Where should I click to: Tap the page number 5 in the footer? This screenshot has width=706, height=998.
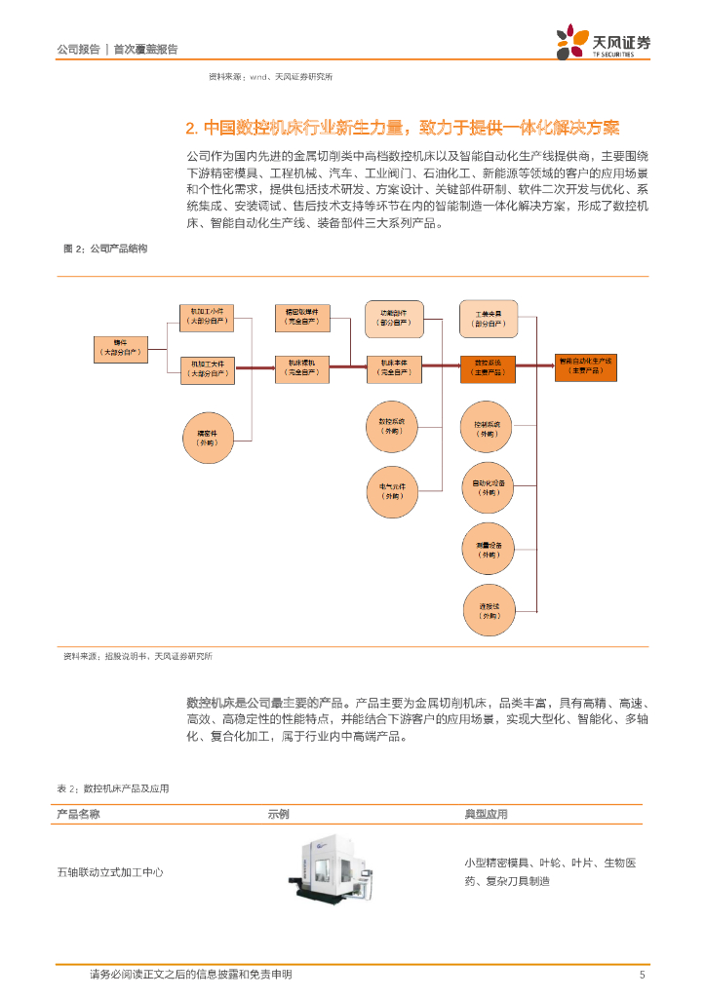(x=642, y=976)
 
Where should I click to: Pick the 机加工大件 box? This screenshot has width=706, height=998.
(x=208, y=367)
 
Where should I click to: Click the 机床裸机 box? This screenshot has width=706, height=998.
(x=302, y=367)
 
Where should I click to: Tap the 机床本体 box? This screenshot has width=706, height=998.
(x=393, y=367)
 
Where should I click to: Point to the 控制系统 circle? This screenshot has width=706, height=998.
(x=488, y=429)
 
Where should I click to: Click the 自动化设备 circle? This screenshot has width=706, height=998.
(x=488, y=487)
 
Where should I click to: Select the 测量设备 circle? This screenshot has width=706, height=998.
(x=488, y=550)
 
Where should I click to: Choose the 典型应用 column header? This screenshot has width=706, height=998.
(x=486, y=814)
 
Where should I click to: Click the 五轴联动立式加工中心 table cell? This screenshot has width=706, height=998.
(x=110, y=872)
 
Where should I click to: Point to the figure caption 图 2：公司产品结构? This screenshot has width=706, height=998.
(x=105, y=249)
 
